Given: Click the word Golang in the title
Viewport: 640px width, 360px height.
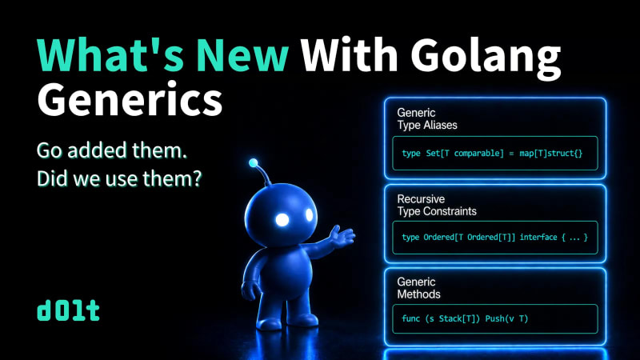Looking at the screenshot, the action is [486, 57].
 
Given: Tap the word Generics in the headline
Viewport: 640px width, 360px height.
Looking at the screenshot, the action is [130, 98].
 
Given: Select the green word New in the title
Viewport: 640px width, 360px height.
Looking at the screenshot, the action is [242, 55].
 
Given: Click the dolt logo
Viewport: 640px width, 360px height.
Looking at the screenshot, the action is [68, 310].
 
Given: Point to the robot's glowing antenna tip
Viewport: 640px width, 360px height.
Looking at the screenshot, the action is [253, 163].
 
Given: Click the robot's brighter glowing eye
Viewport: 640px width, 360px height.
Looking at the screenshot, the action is [282, 219].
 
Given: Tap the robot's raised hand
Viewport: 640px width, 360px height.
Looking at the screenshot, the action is [342, 237].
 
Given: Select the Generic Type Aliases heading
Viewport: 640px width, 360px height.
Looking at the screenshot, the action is [427, 118].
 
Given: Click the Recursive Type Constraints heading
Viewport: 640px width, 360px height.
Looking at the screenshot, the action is [437, 205].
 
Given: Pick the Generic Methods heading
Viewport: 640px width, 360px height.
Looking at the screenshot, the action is [418, 288].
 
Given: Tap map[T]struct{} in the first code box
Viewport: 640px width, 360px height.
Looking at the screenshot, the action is [551, 154].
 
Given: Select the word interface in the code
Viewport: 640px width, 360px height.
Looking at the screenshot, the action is [538, 237].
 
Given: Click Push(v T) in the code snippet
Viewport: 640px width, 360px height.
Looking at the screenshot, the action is [506, 318].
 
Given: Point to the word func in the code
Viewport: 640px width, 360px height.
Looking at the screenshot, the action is [410, 318].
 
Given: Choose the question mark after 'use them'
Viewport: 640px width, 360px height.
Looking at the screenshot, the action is [198, 178].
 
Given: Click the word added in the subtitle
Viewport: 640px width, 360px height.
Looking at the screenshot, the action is [97, 150].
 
